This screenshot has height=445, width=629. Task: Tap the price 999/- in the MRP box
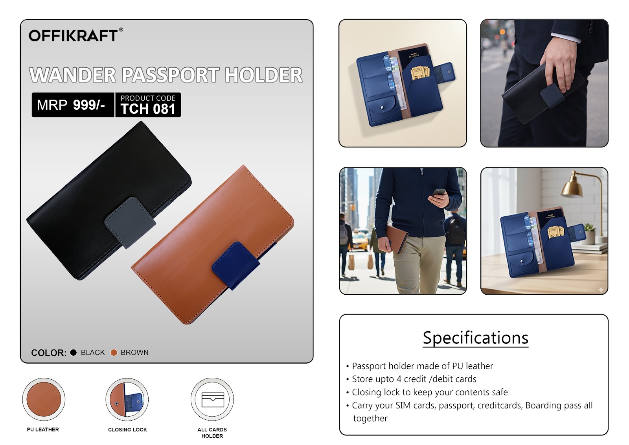coord(89,105)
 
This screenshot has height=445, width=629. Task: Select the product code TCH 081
coord(148,109)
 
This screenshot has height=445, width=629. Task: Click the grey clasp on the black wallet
coord(130,222)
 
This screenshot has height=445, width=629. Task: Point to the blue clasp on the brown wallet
coord(236,265)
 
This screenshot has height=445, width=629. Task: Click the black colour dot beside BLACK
coord(73,353)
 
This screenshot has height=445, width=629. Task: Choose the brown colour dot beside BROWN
coord(114,353)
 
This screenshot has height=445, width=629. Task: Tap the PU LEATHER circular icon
coord(44,399)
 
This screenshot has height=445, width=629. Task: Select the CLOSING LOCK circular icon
coord(127,399)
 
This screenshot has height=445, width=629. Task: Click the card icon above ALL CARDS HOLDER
coord(213,399)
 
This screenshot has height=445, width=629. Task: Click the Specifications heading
coord(475,338)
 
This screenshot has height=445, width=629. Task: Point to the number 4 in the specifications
coord(399,379)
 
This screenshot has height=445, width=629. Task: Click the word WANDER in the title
coord(72,75)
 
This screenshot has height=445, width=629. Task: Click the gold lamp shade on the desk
coord(572,188)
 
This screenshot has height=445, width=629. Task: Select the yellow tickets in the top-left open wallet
coord(420,73)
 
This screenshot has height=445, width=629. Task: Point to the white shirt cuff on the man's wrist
coord(565,37)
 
